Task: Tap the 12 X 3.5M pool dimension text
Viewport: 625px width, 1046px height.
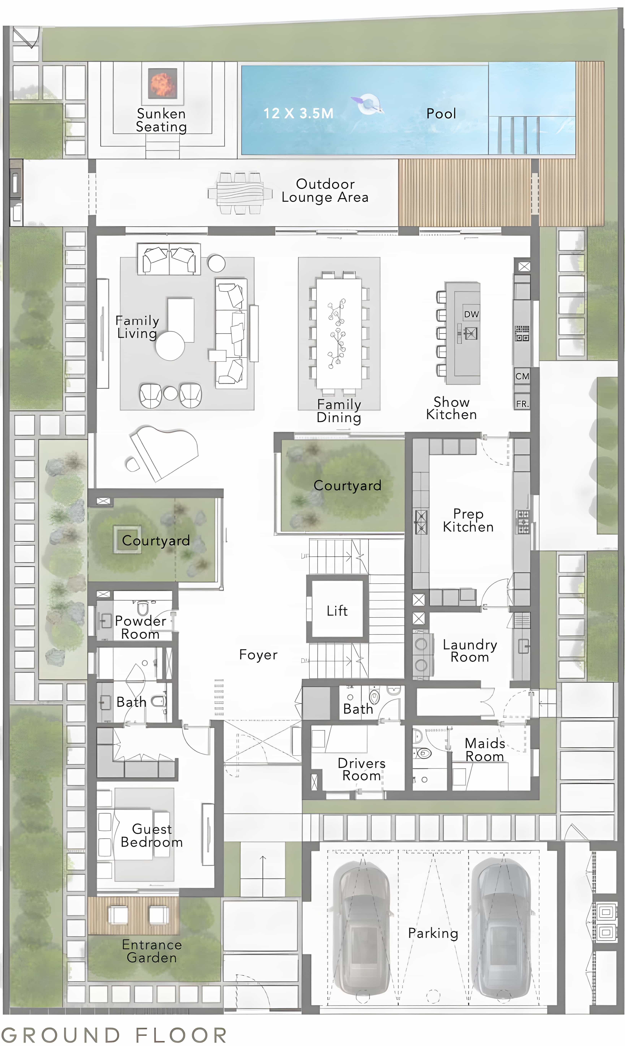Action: (x=298, y=113)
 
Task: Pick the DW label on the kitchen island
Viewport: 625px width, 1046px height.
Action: (x=471, y=314)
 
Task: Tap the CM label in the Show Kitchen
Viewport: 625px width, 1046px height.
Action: (x=522, y=376)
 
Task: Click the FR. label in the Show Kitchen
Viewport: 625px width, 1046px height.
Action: (x=522, y=404)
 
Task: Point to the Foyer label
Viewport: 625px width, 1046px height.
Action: (x=258, y=654)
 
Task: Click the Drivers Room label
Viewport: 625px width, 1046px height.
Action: (x=361, y=770)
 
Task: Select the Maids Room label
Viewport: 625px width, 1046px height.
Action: (x=485, y=750)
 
